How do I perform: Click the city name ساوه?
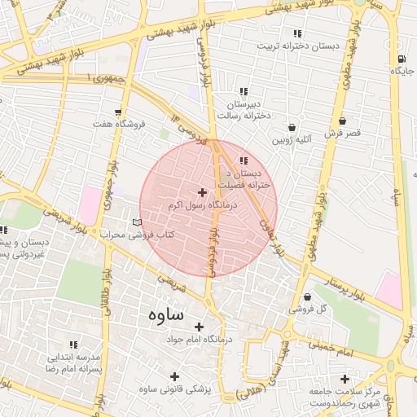point(166,314)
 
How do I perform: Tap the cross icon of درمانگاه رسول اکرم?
point(202,193)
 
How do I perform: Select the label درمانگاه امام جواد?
point(200,339)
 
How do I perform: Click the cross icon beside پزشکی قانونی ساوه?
point(174,375)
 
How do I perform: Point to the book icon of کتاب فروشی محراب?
point(137,222)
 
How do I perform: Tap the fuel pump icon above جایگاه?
point(401,59)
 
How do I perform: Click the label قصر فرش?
point(342,133)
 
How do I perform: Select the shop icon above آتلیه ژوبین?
point(292,127)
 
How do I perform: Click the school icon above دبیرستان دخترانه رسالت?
point(243,91)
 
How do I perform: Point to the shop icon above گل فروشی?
point(307,297)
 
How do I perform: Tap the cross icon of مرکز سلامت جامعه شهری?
point(345,379)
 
